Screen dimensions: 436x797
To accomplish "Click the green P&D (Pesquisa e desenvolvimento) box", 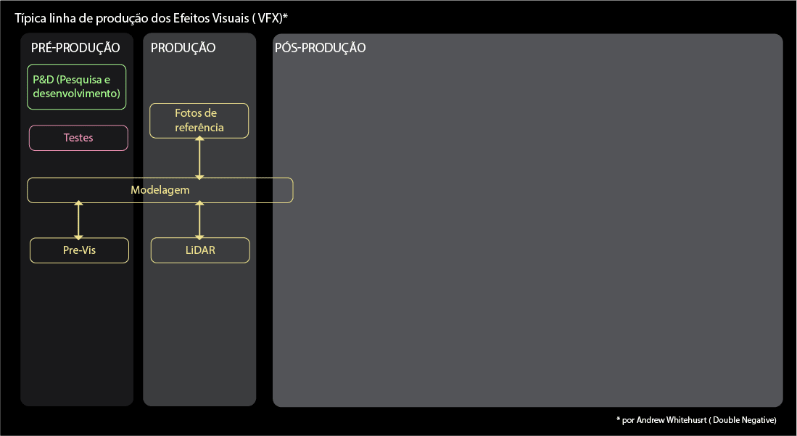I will click(x=77, y=87).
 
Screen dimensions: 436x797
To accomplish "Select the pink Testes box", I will click(x=78, y=138).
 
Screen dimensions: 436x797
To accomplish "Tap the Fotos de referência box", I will click(x=199, y=120).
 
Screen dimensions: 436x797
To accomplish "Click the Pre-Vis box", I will click(x=79, y=251).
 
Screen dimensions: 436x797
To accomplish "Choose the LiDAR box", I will click(x=200, y=251).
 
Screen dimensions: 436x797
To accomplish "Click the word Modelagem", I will click(x=160, y=190).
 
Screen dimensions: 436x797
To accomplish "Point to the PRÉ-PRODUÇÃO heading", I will click(x=75, y=49).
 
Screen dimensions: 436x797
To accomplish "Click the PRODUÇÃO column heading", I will click(x=183, y=49).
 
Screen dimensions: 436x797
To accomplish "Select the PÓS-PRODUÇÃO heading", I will click(x=320, y=49).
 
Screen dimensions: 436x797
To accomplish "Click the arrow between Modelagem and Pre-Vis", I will click(x=79, y=221).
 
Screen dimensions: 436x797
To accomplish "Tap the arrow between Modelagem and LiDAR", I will click(x=200, y=221).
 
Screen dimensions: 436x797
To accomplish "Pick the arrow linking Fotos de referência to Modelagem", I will click(x=199, y=157).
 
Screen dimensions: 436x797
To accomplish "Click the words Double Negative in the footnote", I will click(x=748, y=420).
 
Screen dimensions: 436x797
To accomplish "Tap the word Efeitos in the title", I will click(x=199, y=17).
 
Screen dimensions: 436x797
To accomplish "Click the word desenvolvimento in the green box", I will click(x=76, y=94).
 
